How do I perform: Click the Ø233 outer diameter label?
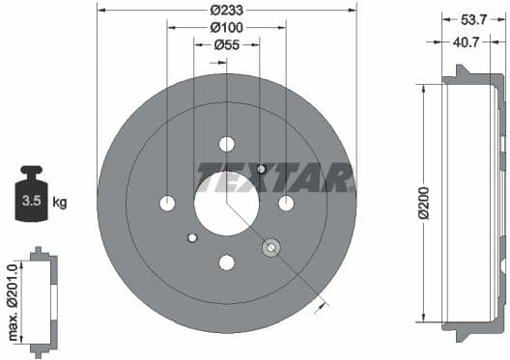point(227,12)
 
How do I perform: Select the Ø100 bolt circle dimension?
point(227,27)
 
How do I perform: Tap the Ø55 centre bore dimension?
point(226,44)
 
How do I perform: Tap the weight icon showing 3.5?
point(29,196)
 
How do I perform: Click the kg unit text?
point(60,202)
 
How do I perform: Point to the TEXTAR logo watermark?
point(275,177)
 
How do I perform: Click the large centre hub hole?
point(226,203)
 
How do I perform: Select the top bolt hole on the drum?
point(227,144)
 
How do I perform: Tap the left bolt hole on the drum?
point(167,203)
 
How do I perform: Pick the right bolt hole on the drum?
point(286,203)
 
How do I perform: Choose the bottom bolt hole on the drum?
point(227,262)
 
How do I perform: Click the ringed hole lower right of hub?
point(270,247)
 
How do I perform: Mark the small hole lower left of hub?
point(192,237)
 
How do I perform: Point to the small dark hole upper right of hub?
point(261,169)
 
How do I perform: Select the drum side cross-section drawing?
point(474,203)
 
